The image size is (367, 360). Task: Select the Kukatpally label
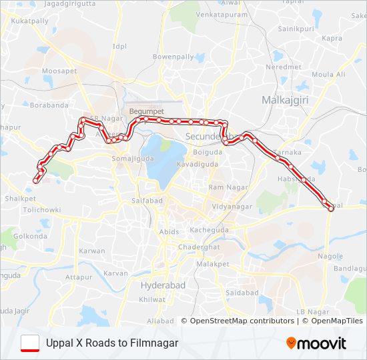pyautogui.click(x=30, y=21)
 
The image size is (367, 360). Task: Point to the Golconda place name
pyautogui.click(x=30, y=236)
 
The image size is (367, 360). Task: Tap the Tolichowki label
pyautogui.click(x=41, y=209)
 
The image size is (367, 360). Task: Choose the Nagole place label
pyautogui.click(x=330, y=256)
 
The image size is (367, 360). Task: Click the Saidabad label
pyautogui.click(x=242, y=293)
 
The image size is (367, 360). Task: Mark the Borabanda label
pyautogui.click(x=49, y=105)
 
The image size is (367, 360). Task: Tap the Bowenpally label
pyautogui.click(x=173, y=57)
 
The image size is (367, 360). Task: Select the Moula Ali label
pyautogui.click(x=328, y=74)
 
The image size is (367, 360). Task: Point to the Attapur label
pyautogui.click(x=79, y=277)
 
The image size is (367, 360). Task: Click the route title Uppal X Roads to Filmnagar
pyautogui.click(x=112, y=343)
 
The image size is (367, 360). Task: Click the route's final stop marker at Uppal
pyautogui.click(x=331, y=209)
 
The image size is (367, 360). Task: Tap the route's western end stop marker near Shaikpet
pyautogui.click(x=35, y=179)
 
